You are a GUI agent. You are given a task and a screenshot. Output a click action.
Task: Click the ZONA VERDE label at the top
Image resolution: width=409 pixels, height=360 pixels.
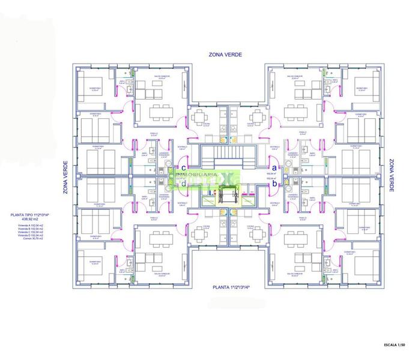225,55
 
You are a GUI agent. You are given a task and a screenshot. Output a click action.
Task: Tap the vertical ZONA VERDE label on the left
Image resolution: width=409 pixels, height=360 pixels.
65,178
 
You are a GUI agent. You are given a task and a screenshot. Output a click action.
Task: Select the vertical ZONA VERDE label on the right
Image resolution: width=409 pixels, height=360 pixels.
391,176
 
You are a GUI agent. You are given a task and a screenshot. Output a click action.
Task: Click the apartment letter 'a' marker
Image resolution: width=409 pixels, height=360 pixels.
274,168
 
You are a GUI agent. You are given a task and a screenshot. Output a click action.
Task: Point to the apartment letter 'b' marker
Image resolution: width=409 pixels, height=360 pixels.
274,184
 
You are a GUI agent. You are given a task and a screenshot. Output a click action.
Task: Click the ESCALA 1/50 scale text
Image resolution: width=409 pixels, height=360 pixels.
394,346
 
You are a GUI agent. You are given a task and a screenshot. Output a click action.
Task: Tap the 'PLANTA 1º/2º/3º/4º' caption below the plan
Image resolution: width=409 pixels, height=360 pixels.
231,288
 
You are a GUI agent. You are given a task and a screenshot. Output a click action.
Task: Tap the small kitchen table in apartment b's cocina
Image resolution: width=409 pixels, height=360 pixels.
257,236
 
